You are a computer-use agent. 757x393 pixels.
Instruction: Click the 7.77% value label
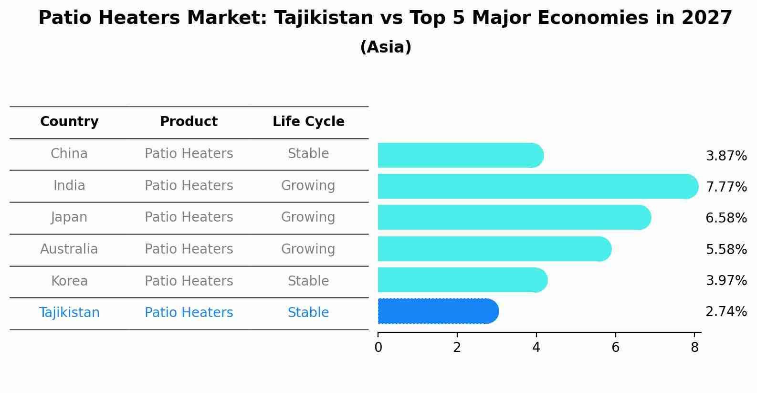pyautogui.click(x=726, y=187)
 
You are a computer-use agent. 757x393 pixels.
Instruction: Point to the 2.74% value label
pyautogui.click(x=726, y=312)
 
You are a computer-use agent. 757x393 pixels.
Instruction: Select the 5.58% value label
pyautogui.click(x=726, y=249)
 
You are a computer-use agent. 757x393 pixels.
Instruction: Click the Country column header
pyautogui.click(x=69, y=122)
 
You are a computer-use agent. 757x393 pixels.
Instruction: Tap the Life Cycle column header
pyautogui.click(x=308, y=122)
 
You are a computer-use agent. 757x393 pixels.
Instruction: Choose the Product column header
pyautogui.click(x=189, y=122)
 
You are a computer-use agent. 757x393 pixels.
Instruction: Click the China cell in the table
pyautogui.click(x=69, y=154)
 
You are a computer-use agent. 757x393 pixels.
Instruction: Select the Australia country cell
pyautogui.click(x=69, y=249)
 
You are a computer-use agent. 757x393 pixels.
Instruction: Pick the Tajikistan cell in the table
pyautogui.click(x=69, y=313)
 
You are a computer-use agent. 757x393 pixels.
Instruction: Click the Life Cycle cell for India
pyautogui.click(x=308, y=185)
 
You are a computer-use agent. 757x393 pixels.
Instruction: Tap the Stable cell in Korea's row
pyautogui.click(x=308, y=281)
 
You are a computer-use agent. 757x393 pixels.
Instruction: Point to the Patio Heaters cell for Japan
pyautogui.click(x=189, y=217)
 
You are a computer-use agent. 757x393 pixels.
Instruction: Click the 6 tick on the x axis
pyautogui.click(x=615, y=348)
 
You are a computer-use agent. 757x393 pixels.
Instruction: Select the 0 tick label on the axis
pyautogui.click(x=378, y=348)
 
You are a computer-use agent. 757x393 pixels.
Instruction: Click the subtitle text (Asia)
pyautogui.click(x=386, y=47)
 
